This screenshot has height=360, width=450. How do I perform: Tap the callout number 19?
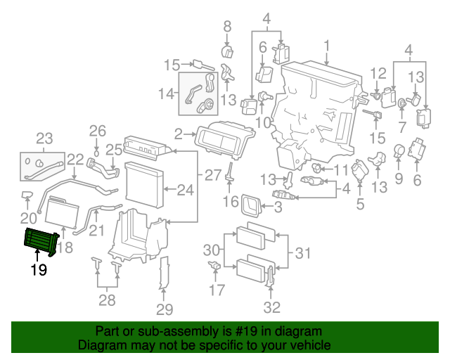coord(38,270)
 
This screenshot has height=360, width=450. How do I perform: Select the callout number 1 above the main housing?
coord(326,47)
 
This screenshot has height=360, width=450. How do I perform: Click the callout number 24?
coord(185,189)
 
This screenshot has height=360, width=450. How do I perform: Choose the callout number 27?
coord(213,174)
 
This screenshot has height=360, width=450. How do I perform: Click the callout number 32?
coord(271,307)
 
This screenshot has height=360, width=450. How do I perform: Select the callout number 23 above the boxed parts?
coord(44,137)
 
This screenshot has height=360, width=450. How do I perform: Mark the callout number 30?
coord(212,250)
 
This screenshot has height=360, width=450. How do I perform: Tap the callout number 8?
coord(226,27)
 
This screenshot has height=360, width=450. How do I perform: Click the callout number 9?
coord(399,179)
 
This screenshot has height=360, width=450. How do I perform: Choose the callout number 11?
coord(341,169)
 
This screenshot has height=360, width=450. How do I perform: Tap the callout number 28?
coord(107,302)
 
